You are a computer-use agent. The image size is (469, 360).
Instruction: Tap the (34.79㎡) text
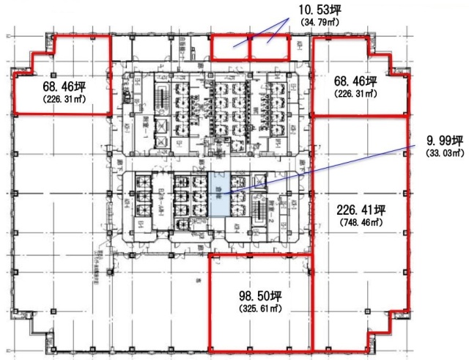[x=323, y=23]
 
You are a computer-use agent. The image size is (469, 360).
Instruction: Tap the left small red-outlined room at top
[x=230, y=48]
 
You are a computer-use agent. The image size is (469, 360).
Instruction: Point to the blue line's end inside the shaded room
[x=221, y=193]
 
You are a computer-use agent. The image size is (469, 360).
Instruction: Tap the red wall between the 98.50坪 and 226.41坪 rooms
[x=313, y=301]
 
